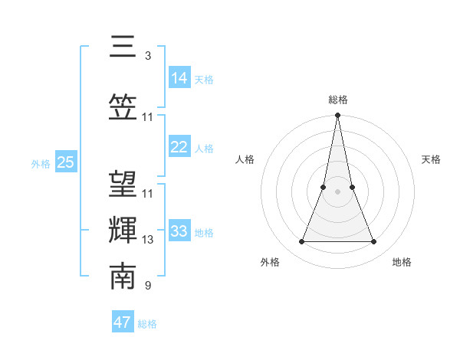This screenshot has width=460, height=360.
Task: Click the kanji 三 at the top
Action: (x=123, y=47)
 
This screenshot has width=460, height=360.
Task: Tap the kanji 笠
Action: (x=123, y=106)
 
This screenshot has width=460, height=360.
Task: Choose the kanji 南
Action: (x=123, y=276)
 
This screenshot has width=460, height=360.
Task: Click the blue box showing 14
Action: (x=179, y=77)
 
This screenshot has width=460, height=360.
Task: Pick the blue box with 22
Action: (x=179, y=147)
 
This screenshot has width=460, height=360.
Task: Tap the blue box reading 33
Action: (x=179, y=231)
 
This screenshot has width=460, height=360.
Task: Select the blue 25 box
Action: (x=65, y=162)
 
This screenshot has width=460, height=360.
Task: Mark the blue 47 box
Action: (x=123, y=322)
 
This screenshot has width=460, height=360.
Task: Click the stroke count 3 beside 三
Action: (x=147, y=56)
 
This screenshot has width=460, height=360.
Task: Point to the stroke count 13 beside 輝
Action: (x=148, y=240)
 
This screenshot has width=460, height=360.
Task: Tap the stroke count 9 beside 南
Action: (x=147, y=286)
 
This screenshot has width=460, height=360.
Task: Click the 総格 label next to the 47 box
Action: (x=147, y=324)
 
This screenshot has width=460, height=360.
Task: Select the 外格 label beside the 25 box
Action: (x=41, y=163)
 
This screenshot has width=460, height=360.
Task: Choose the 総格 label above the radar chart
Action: (x=337, y=100)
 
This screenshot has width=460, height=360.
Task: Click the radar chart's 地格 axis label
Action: (x=402, y=262)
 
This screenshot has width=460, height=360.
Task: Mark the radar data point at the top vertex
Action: (x=337, y=116)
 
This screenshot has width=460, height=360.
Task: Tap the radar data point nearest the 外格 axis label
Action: (x=301, y=242)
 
